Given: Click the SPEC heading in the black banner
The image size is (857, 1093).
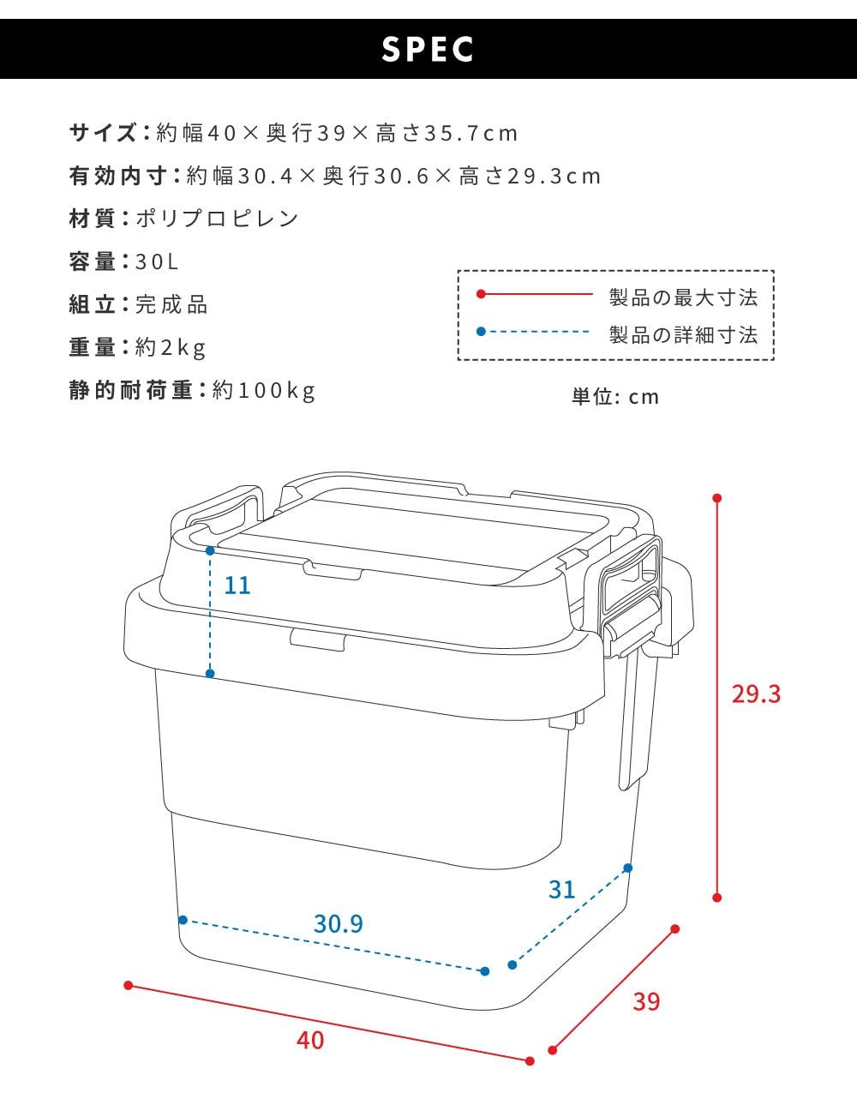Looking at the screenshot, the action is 428,50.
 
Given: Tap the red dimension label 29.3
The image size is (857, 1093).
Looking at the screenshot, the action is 756,694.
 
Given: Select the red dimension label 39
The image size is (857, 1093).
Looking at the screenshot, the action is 646,1002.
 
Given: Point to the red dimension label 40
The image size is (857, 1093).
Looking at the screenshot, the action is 310,1041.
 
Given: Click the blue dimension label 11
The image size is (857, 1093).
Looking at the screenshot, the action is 237,586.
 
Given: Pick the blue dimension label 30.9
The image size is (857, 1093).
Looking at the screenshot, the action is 339,924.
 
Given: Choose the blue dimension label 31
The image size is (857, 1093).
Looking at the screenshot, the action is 561,890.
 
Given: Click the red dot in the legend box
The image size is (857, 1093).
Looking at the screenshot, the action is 481,294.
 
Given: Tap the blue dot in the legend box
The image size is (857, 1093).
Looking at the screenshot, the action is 481,332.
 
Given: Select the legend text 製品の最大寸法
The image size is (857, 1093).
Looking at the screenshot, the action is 684,297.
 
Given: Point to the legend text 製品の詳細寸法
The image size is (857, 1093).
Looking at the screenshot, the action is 684,335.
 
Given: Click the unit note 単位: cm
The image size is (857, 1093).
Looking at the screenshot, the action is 615,397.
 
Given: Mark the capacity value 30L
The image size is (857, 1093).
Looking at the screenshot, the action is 157,261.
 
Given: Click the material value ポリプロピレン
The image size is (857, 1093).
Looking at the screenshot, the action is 217,219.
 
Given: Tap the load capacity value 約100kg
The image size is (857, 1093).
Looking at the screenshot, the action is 264,390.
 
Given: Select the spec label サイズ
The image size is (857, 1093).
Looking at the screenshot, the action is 103,133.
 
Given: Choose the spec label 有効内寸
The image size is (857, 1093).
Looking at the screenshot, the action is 117,176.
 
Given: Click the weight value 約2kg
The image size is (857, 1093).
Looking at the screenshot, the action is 171,347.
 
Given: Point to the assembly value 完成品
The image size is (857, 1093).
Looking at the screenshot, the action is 171,304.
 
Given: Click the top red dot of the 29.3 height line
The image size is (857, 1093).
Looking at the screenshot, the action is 717,498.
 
